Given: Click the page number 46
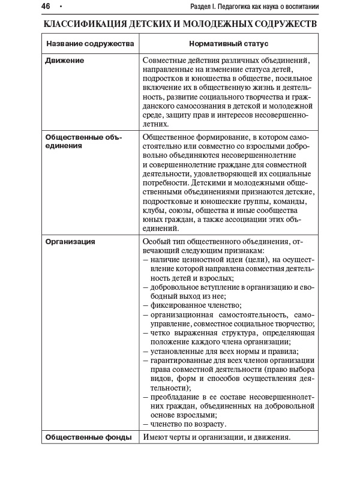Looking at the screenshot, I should [x=46, y=7].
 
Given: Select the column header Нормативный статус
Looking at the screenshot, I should [x=229, y=44].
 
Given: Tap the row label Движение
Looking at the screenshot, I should [x=65, y=61].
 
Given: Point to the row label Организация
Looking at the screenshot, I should [x=70, y=241].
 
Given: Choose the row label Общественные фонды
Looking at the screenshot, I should [x=88, y=437].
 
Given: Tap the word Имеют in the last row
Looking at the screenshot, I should [x=156, y=437].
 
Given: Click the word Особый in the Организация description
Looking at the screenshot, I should [x=157, y=241].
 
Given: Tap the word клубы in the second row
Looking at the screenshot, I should [x=154, y=210].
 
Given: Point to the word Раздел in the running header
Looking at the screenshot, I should [x=200, y=7].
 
